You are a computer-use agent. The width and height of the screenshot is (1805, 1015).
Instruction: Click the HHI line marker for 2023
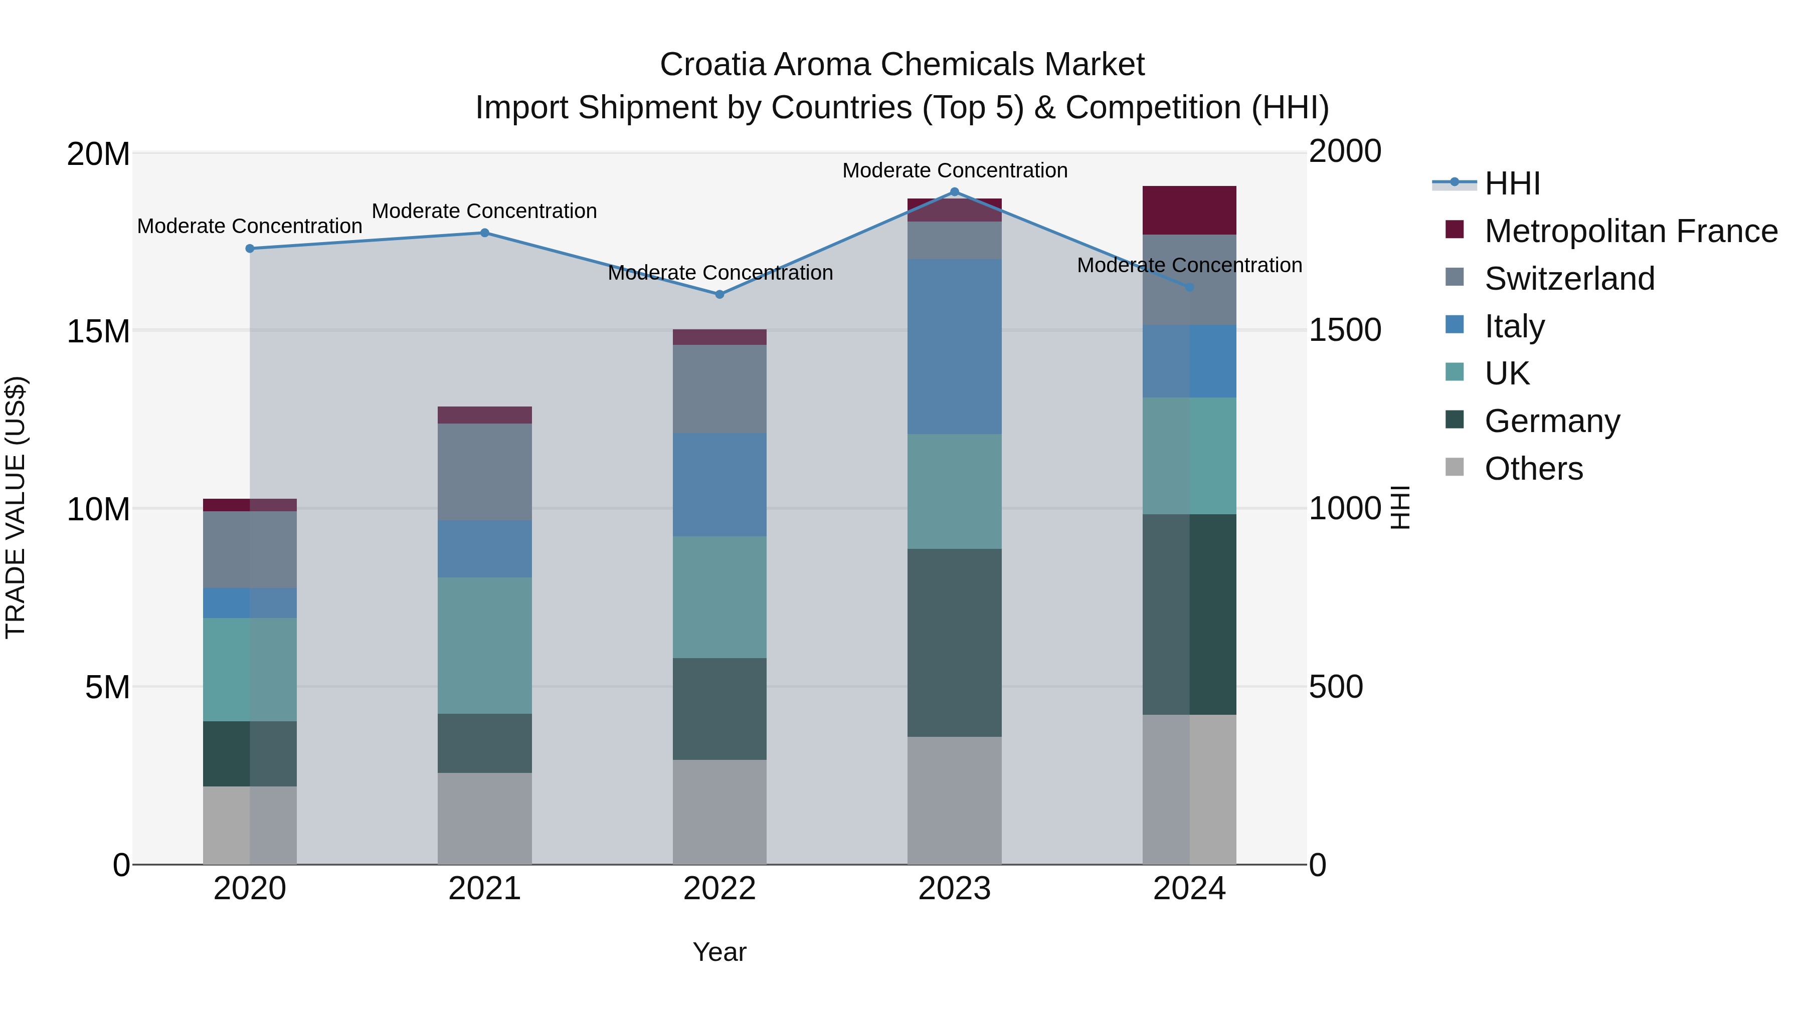[x=954, y=191]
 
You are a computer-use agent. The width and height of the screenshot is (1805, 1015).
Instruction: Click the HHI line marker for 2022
[x=719, y=294]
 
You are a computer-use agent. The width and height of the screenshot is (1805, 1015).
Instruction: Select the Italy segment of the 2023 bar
[x=954, y=347]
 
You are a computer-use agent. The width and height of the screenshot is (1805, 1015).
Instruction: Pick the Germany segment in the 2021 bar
[x=484, y=743]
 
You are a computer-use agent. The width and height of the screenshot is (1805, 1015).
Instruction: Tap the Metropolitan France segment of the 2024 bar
[x=1189, y=210]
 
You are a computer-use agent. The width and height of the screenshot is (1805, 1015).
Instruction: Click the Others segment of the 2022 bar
[x=719, y=812]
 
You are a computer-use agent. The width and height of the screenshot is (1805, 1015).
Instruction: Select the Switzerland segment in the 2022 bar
[x=719, y=389]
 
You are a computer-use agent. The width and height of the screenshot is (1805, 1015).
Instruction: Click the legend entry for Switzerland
[x=1569, y=279]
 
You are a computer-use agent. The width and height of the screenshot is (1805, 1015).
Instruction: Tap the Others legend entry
[x=1533, y=469]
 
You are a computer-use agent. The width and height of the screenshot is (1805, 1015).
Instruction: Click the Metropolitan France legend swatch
[x=1455, y=230]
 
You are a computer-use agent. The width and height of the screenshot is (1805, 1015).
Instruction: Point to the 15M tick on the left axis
[x=98, y=331]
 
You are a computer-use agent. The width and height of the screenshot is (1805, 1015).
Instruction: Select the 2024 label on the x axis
[x=1189, y=889]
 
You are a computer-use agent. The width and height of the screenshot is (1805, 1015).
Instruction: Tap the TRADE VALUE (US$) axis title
[x=16, y=507]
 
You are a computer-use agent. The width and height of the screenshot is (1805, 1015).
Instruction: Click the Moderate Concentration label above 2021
[x=484, y=211]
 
